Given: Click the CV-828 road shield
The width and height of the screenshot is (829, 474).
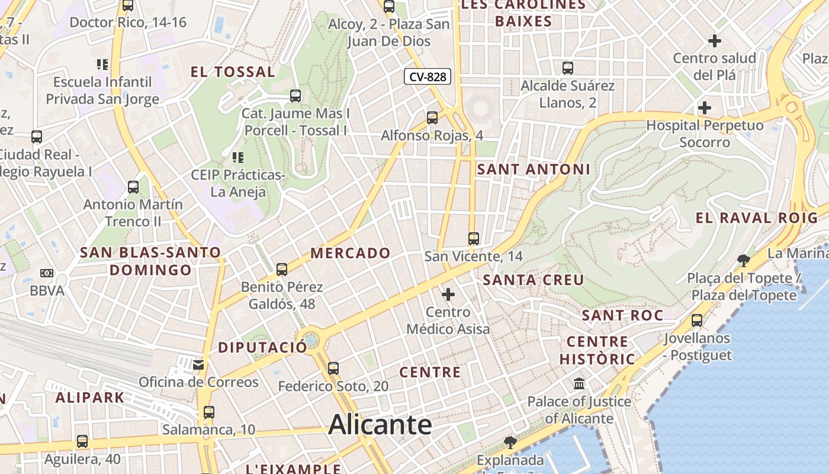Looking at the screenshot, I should [x=428, y=76].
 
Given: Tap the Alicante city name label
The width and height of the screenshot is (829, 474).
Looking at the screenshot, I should [x=380, y=424].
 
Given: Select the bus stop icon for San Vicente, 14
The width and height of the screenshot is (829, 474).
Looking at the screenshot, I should [x=473, y=239].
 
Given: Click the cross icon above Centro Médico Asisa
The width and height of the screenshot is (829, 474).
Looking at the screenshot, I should [x=448, y=294].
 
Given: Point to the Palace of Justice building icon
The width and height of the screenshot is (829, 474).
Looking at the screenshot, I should [x=579, y=384].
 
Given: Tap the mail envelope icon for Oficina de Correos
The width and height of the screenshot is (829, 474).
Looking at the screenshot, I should [x=198, y=365].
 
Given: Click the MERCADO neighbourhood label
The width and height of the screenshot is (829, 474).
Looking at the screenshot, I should [x=351, y=253].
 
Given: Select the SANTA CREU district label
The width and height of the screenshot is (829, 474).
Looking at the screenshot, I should [x=534, y=280].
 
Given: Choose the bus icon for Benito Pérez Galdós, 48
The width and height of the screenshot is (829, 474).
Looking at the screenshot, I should [x=282, y=270].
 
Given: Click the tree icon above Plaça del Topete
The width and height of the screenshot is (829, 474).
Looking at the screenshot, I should [x=743, y=260].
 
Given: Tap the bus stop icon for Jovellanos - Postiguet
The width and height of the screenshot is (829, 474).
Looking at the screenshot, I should [x=697, y=321].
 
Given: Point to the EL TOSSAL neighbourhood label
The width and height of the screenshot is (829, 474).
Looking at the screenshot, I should [x=233, y=72].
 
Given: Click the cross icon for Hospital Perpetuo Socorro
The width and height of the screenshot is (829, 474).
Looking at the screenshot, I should [x=704, y=108].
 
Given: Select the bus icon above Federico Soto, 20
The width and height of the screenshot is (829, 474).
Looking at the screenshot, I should [x=333, y=369].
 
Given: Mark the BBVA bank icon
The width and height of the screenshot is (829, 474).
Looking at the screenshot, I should [x=47, y=273].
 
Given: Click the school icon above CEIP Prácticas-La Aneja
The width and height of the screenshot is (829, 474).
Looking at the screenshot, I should [x=238, y=158].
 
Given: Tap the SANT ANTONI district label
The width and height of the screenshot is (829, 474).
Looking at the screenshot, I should [x=534, y=169].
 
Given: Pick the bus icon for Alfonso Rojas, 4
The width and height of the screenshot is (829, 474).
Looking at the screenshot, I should [x=432, y=118].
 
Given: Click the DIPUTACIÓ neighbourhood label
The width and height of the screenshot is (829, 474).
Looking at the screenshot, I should [x=263, y=347].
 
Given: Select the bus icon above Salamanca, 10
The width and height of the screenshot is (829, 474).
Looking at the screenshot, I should [x=208, y=412].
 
